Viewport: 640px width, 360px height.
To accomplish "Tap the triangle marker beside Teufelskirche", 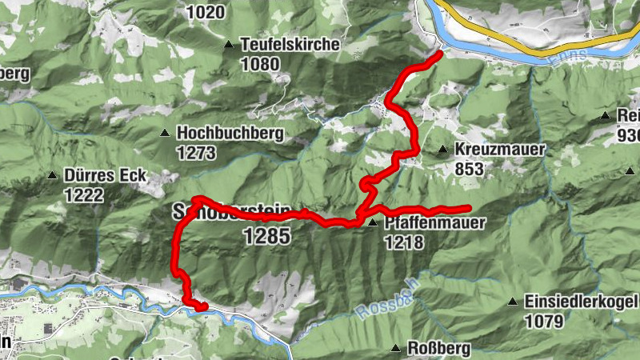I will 230,45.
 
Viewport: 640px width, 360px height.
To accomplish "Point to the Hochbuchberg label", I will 230,133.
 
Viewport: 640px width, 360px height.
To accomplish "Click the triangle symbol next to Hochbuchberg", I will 165,134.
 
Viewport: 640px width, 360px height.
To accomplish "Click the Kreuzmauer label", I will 500,150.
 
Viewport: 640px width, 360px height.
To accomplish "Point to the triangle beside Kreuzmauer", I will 442,150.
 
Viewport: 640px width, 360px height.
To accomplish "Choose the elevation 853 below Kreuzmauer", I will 470,169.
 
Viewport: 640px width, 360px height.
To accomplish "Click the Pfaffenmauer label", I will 434,223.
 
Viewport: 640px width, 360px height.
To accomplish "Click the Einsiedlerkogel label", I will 580,302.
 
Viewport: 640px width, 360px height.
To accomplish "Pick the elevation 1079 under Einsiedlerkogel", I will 545,321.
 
